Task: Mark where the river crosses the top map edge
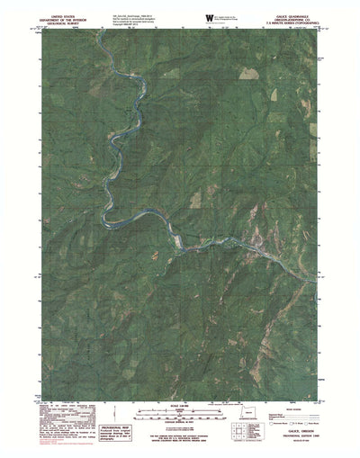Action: (103, 27)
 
